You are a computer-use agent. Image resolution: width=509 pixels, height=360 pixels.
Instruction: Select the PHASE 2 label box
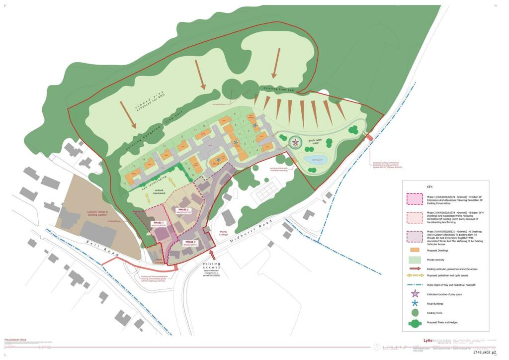point(183,211)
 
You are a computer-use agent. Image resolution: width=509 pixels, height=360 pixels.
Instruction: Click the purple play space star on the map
point(295,143)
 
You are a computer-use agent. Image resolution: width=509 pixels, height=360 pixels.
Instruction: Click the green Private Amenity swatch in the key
point(415,260)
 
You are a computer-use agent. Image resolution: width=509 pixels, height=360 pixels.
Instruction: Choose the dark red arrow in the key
point(415,269)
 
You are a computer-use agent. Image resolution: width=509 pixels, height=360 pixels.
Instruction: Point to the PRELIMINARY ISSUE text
point(15,340)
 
